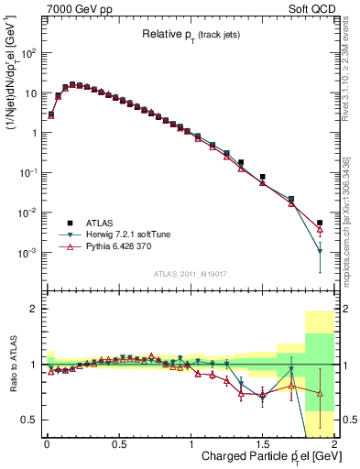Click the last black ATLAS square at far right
pos(320,223)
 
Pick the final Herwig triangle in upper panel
pos(320,250)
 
